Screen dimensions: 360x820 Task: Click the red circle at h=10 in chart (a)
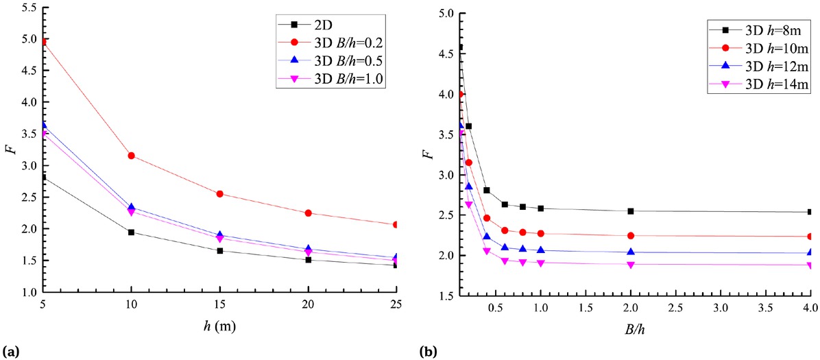point(131,156)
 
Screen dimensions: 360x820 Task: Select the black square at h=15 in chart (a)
point(219,251)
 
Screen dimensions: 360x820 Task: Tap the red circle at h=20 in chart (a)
point(308,213)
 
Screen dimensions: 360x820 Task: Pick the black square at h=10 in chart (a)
point(131,232)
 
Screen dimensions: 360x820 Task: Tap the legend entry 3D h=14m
point(755,85)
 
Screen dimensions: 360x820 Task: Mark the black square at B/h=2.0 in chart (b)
point(631,211)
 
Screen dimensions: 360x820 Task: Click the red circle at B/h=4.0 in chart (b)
point(810,237)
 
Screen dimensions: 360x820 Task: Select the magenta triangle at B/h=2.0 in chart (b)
point(631,265)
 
